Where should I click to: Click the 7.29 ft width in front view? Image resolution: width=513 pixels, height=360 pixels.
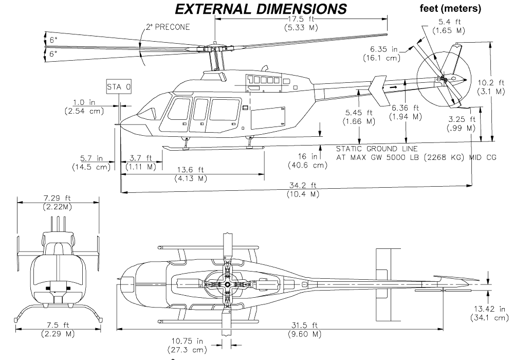pos(59,199)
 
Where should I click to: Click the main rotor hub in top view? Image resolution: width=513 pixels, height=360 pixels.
pos(227,283)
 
